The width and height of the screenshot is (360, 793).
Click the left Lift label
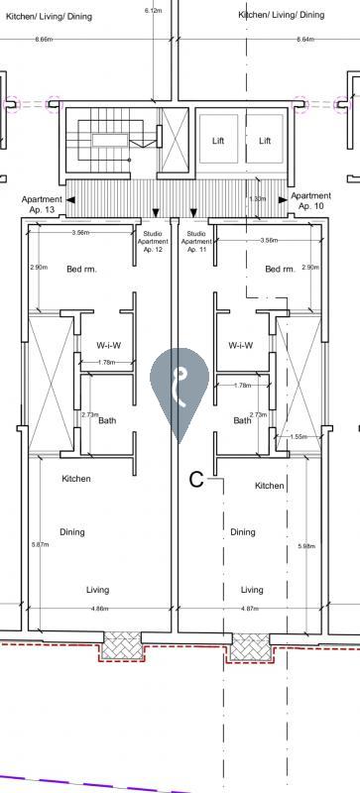point(218,141)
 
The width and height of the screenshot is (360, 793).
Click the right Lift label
point(265,141)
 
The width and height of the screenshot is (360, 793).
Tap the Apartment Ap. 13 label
point(42,204)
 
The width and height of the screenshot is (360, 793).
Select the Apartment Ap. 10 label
point(310,201)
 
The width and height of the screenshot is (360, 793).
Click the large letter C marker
point(196,480)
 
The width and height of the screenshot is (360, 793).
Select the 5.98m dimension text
point(306,546)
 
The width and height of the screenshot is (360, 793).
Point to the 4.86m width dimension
point(99,609)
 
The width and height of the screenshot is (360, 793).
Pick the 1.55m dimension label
point(299,436)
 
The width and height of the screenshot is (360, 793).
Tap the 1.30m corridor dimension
point(258,199)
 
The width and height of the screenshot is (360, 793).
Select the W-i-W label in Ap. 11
point(241,346)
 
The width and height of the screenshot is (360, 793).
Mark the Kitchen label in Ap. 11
point(270,486)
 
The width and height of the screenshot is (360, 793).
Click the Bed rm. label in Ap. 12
point(81,269)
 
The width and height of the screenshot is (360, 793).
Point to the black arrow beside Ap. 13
point(70,200)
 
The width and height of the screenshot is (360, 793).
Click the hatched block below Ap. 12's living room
point(122,645)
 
